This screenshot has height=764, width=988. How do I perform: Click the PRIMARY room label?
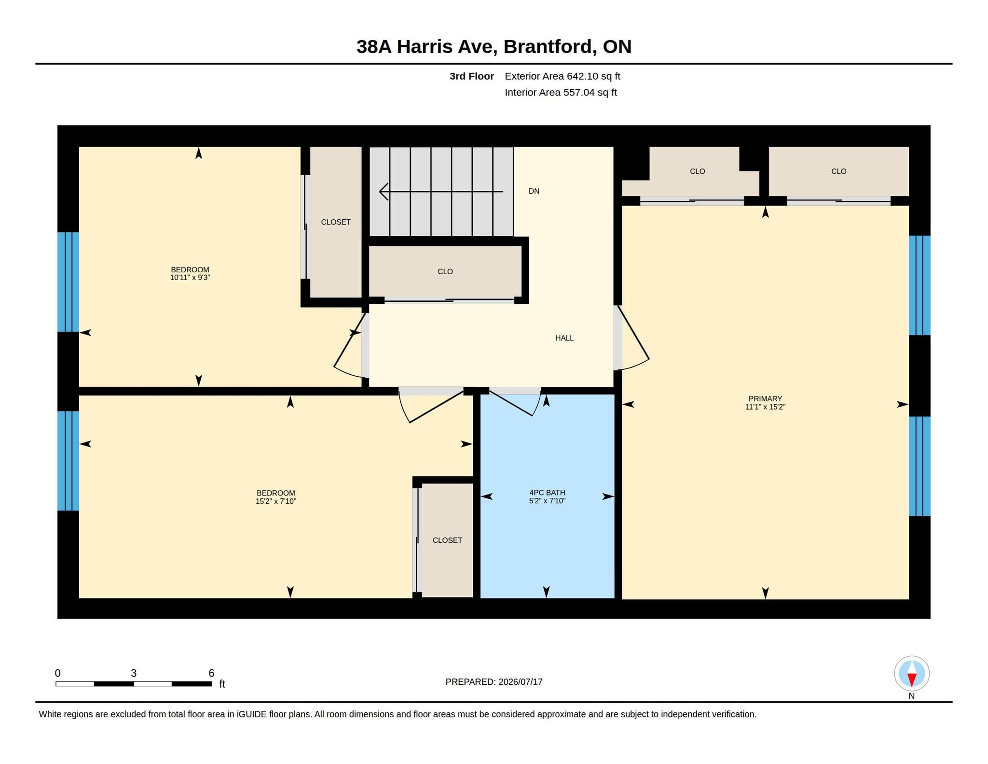pyautogui.click(x=765, y=398)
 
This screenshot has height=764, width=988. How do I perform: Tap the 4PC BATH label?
pyautogui.click(x=547, y=493)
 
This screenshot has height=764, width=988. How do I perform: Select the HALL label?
pyautogui.click(x=564, y=338)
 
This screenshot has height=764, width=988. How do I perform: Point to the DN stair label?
pyautogui.click(x=534, y=191)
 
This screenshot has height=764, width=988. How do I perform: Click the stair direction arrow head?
pyautogui.click(x=384, y=192)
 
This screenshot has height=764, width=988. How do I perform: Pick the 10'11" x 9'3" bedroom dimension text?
pyautogui.click(x=190, y=278)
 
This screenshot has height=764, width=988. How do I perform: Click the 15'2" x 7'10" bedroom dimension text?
pyautogui.click(x=276, y=501)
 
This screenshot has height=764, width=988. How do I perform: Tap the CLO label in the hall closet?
pyautogui.click(x=445, y=271)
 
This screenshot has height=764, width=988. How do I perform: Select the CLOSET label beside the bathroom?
pyautogui.click(x=447, y=540)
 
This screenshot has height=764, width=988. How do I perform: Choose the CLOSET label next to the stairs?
pyautogui.click(x=336, y=222)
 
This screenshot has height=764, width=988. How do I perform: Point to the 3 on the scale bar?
pyautogui.click(x=134, y=673)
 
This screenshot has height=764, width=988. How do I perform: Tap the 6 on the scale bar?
pyautogui.click(x=211, y=673)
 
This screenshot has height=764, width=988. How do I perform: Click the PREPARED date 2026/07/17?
pyautogui.click(x=521, y=682)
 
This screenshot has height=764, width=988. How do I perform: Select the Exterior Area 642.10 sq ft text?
pyautogui.click(x=563, y=76)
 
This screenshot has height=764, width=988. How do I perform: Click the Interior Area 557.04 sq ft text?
pyautogui.click(x=561, y=92)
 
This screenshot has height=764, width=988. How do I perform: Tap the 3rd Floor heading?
pyautogui.click(x=472, y=76)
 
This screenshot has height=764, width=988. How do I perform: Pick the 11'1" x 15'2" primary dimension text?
pyautogui.click(x=765, y=407)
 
